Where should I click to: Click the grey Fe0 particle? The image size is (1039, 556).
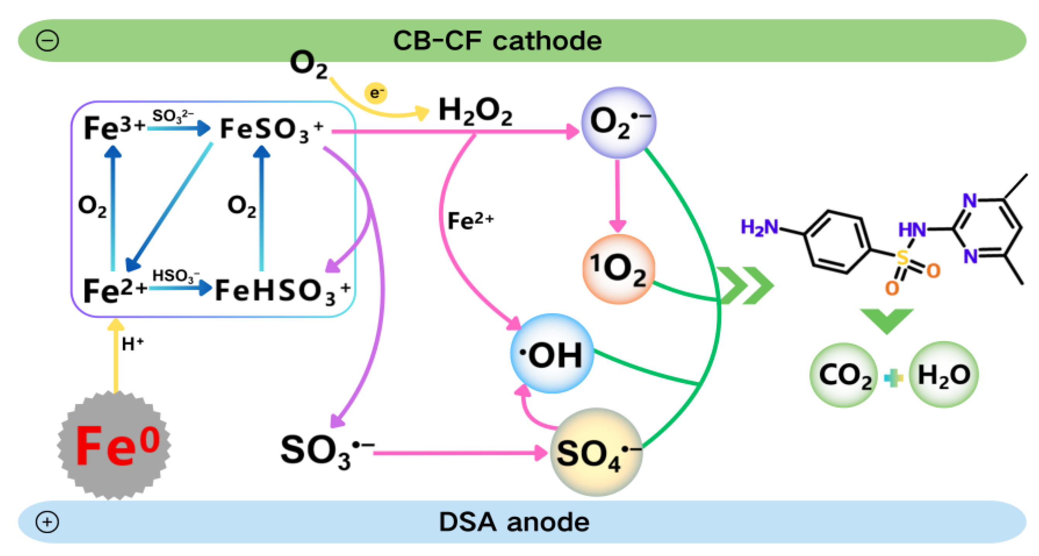coord(115,445)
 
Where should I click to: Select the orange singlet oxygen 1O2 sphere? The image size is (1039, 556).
coord(618,269)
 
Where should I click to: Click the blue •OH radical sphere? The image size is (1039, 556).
coord(552,354)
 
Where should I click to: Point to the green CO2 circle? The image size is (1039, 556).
coord(844,375)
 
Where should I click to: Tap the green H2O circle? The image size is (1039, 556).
coord(943,375)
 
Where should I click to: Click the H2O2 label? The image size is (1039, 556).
coord(475,111)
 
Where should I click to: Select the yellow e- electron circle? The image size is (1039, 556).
coord(375,93)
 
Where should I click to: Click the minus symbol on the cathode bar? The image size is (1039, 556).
coord(48,41)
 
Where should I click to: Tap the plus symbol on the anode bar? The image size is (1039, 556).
coord(48,522)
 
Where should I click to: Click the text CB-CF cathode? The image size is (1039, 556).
coord(497,41)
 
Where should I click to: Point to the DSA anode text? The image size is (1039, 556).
coord(514,522)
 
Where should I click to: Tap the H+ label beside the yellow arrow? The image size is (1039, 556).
coord(132,344)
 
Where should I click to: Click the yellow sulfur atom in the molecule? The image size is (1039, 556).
coord(902,257)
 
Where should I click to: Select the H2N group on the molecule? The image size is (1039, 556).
coord(759,228)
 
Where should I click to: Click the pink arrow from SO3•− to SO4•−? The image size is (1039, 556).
coord(460,453)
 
